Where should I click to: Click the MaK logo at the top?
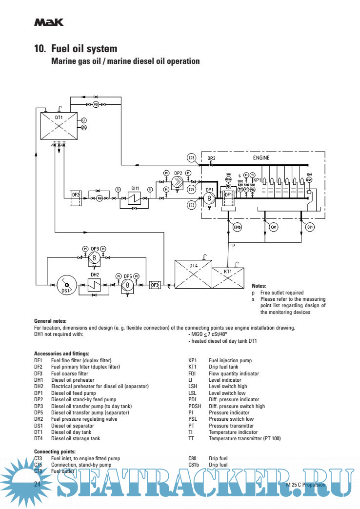point(48,22)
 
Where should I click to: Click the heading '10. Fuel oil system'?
point(76,49)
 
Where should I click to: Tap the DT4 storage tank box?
point(193,275)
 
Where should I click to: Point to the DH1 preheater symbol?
point(135,198)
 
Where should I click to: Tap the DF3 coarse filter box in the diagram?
point(155,285)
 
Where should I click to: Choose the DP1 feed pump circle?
point(209,198)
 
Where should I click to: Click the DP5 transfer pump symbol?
point(127,285)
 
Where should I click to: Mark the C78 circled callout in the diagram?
point(192,157)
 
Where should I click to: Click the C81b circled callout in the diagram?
point(237,227)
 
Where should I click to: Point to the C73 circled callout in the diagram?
point(192,205)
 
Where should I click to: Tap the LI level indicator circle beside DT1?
point(83,120)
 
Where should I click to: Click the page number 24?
point(38,484)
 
